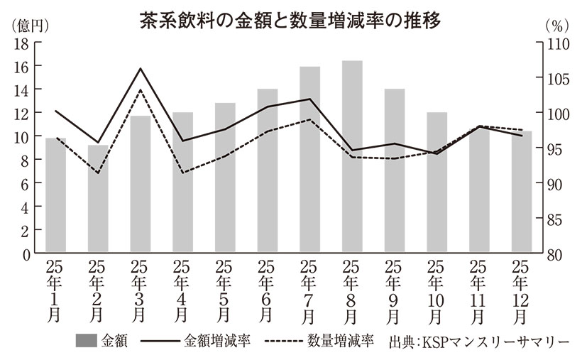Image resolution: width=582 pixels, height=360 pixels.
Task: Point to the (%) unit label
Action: click(x=555, y=25)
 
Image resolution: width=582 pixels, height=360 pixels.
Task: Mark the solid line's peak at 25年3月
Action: click(x=141, y=69)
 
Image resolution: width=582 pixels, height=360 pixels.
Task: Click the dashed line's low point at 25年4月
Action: click(x=183, y=173)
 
